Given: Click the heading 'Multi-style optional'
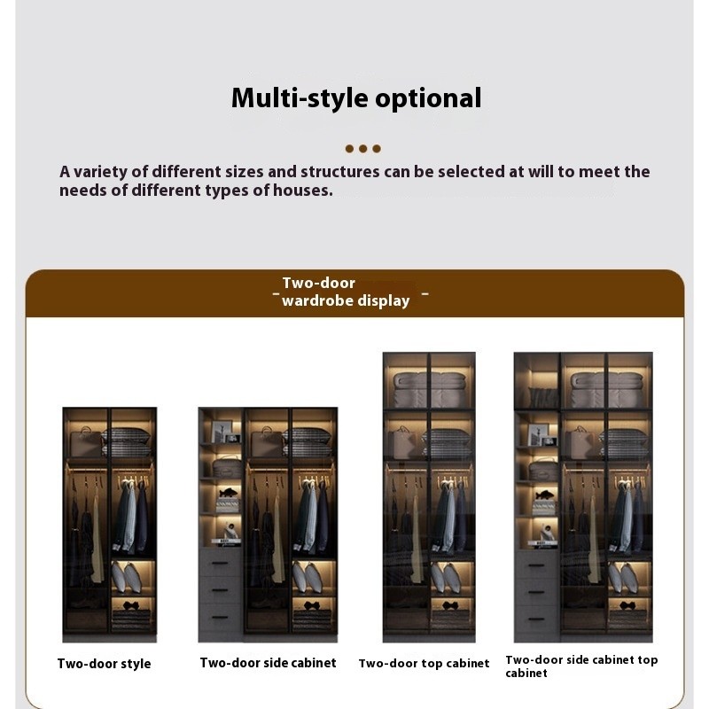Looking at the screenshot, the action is (356, 98).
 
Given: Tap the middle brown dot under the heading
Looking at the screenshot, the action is (362, 149).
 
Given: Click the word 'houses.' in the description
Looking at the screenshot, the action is (302, 191).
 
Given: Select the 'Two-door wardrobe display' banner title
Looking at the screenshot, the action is (346, 292).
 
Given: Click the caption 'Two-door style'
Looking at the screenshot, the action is (104, 664).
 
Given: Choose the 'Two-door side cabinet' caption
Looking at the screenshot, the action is (269, 663).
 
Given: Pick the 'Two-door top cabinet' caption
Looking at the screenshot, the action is (425, 663).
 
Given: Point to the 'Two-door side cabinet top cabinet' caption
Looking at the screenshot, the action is (581, 666).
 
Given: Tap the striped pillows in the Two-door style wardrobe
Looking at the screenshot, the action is (127, 442).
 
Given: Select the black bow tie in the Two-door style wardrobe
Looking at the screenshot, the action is (130, 605).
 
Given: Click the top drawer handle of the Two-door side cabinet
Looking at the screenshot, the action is (220, 564).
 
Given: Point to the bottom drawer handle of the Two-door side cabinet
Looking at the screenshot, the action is (220, 617).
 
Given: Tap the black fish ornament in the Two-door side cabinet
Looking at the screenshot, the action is (228, 494).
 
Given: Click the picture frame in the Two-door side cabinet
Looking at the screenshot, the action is (222, 432).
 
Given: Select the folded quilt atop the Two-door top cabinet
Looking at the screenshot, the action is (429, 389).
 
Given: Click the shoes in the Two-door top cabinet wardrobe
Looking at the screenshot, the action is (444, 578).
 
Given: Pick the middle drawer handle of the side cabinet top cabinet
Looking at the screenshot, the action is (537, 592).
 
